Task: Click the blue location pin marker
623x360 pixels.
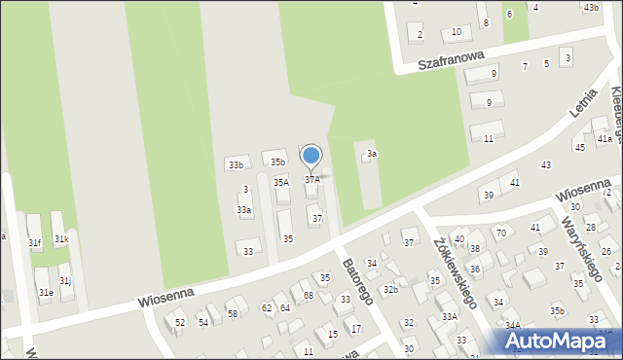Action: tap(311, 156)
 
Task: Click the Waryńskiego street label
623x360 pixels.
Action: tap(583, 245)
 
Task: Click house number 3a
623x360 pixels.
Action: tap(372, 154)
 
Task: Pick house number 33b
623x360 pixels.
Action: tap(236, 165)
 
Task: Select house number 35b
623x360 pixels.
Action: tap(278, 162)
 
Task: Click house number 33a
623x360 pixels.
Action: tap(244, 209)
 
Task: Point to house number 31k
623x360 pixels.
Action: tap(61, 238)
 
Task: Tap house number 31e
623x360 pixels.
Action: tap(45, 291)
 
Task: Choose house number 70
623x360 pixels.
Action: tap(500, 233)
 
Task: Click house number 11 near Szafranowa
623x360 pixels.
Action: tap(488, 139)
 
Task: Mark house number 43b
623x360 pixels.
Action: tap(591, 8)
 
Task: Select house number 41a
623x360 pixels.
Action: tap(605, 139)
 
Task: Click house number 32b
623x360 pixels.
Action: tap(390, 289)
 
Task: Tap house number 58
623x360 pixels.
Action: tap(233, 312)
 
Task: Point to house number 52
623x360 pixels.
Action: tap(180, 322)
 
